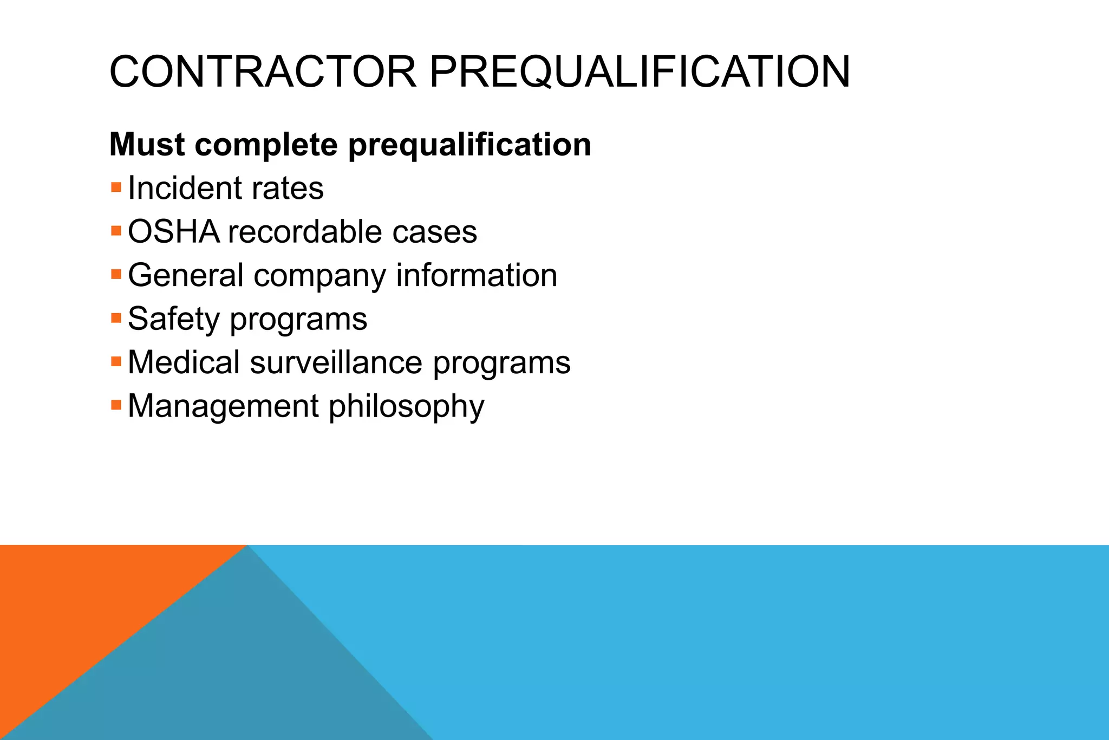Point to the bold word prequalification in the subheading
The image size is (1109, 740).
point(469,145)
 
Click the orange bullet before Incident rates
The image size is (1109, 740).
point(116,188)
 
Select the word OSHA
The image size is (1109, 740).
point(173,232)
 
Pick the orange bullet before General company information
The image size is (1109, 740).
point(116,275)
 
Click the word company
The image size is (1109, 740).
point(319,276)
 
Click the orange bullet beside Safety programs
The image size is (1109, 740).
point(116,318)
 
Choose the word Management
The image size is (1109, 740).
point(223,406)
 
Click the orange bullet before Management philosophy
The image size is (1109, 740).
point(116,405)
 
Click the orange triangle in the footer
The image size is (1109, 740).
point(81,601)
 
